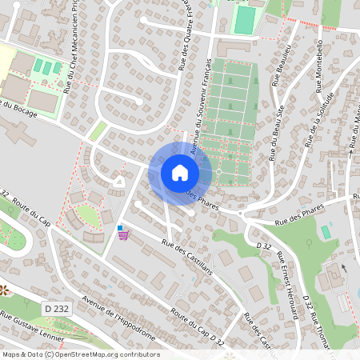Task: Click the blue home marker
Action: [180, 173]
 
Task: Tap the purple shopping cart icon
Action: [122, 236]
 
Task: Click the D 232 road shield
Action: [56, 308]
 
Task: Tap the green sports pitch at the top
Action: [245, 18]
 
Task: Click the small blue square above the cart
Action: [120, 228]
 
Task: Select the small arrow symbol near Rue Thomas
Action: [342, 267]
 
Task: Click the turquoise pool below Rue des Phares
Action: [326, 231]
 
